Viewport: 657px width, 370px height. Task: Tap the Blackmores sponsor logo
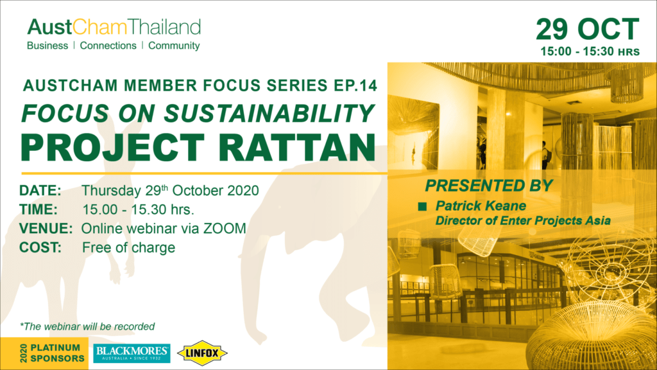click(x=132, y=353)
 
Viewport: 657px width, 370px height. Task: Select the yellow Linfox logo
click(x=202, y=353)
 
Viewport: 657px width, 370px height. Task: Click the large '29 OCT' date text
click(x=588, y=29)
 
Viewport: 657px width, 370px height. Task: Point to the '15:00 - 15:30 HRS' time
click(x=590, y=51)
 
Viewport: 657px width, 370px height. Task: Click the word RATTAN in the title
click(x=296, y=148)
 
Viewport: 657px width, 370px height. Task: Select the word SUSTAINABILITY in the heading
click(x=269, y=113)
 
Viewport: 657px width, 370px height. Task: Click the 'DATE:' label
click(x=40, y=190)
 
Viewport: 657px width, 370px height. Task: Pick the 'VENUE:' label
click(x=46, y=229)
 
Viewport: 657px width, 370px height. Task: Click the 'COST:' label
click(x=40, y=247)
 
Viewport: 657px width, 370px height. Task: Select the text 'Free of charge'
click(x=128, y=247)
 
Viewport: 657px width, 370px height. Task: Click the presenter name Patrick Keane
click(x=481, y=206)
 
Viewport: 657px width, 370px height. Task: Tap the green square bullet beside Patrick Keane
click(x=422, y=206)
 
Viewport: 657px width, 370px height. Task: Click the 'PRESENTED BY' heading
click(x=489, y=186)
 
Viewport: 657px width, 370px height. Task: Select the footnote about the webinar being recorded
click(x=87, y=326)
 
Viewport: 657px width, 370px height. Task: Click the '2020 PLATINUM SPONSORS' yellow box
click(x=44, y=353)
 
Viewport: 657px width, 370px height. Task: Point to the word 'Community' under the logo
click(x=174, y=46)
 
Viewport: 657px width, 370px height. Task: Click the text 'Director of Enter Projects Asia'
click(x=523, y=221)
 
